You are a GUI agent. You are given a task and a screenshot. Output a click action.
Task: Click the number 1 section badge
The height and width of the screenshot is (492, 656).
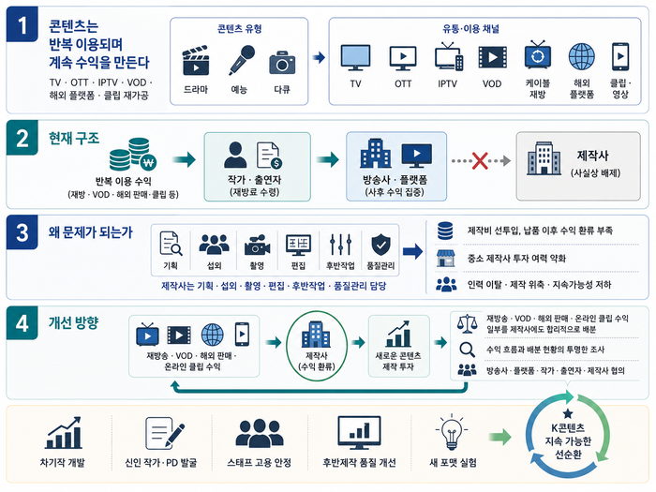tap(22, 24)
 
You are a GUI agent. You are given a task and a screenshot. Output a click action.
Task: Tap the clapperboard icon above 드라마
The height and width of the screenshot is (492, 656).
tap(195, 61)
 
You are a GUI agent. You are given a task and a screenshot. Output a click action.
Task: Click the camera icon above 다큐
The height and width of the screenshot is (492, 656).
tap(282, 63)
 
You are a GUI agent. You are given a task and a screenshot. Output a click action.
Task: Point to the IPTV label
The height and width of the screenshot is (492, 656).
tap(447, 83)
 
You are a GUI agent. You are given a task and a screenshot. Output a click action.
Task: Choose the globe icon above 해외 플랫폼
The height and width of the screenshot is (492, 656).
tap(582, 56)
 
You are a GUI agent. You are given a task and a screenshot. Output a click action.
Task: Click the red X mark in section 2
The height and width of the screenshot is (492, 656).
tap(480, 160)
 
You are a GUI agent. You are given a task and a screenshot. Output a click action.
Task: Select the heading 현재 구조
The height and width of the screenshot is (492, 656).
tap(74, 138)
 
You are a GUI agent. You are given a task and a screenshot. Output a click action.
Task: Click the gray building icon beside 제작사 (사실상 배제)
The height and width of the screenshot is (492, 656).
tap(544, 158)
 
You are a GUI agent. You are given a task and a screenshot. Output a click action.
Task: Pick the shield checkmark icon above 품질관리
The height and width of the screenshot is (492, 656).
tap(380, 245)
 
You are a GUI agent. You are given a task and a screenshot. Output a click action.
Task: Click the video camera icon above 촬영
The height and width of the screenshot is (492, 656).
tap(257, 246)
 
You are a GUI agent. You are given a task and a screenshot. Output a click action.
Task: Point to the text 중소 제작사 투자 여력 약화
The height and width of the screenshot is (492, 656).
tap(516, 259)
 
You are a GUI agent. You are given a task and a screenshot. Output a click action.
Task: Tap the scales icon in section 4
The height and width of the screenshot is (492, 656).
tap(468, 323)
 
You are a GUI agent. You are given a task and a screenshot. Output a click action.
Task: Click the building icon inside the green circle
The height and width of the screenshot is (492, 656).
tap(316, 335)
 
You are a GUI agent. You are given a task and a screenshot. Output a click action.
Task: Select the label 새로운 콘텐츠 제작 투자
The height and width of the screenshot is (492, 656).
tap(398, 361)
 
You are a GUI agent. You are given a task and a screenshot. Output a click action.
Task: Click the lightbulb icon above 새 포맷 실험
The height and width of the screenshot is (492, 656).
tap(452, 432)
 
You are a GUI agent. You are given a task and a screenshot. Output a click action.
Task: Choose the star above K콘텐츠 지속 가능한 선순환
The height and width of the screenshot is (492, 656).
tap(568, 414)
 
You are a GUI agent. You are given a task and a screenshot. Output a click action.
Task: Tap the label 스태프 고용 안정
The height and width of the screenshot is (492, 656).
tap(259, 463)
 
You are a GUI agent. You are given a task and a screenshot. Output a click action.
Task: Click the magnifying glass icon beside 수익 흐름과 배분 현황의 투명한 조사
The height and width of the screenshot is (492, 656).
tap(467, 350)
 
